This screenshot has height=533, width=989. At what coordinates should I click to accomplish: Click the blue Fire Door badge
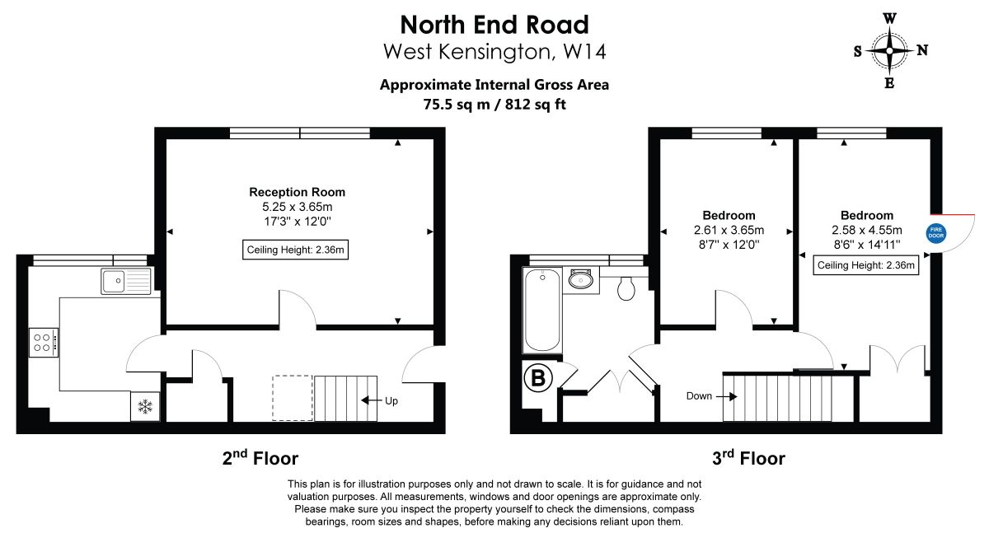(x=936, y=232)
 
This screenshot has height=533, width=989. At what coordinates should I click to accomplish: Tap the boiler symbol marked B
(x=537, y=378)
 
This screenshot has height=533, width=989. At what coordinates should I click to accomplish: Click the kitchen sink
(x=127, y=281)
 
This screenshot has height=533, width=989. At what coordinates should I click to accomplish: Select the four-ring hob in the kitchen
(x=43, y=343)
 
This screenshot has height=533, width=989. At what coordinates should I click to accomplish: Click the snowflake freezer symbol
(x=145, y=406)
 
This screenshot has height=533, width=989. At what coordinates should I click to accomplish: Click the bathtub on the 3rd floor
(x=542, y=311)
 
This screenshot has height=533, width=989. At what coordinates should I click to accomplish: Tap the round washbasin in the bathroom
(x=580, y=279)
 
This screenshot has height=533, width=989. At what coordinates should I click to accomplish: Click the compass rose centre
(x=889, y=51)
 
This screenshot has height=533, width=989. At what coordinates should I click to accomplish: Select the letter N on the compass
(x=922, y=50)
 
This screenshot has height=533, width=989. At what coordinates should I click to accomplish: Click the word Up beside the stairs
(x=391, y=401)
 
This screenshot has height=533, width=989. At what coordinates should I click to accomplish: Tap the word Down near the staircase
(x=699, y=395)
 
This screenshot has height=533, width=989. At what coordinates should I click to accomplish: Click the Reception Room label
(x=298, y=192)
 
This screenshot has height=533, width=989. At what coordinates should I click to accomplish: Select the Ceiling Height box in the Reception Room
(x=295, y=250)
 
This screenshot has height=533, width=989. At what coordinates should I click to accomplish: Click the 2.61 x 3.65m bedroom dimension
(x=729, y=230)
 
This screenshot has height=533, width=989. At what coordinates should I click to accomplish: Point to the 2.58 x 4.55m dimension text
(x=867, y=230)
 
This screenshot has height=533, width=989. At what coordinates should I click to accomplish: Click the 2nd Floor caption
(x=260, y=458)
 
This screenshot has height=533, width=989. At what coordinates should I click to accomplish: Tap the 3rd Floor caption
(x=749, y=458)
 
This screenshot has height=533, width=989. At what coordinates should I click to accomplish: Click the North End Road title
(x=494, y=25)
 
